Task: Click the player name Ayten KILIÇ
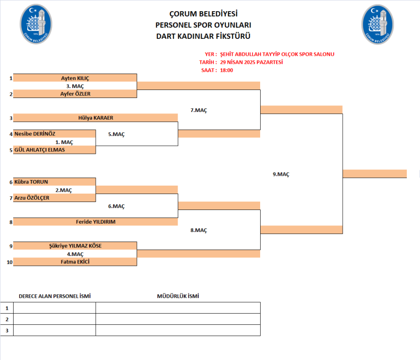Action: point(75,78)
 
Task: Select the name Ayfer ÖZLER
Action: point(75,94)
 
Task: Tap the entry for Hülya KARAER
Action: point(96,118)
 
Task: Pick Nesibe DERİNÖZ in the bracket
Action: point(35,134)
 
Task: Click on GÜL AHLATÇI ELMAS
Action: point(40,150)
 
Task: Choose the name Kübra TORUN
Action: point(31,182)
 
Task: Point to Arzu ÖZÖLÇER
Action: point(32,198)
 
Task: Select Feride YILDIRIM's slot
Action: point(96,222)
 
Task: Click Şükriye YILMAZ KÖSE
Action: point(75,246)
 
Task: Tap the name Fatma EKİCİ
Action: point(75,262)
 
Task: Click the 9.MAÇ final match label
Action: point(281,174)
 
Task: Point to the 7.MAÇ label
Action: point(199,110)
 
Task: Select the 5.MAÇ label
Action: point(116,135)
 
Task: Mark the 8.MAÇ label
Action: point(199,230)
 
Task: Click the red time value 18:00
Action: point(226,70)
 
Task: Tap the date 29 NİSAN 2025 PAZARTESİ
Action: point(251,62)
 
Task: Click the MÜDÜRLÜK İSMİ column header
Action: point(178,296)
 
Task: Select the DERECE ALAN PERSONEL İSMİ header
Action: point(54,296)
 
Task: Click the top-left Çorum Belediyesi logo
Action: point(36,24)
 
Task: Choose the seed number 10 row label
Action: point(9,262)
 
